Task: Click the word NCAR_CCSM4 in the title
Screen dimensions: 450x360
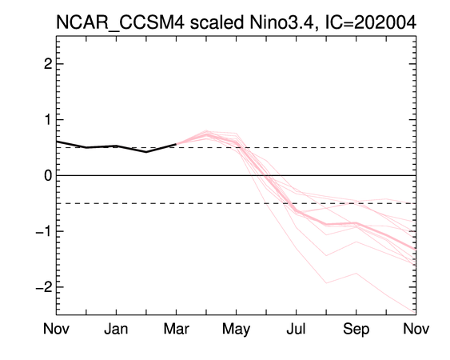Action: point(120,22)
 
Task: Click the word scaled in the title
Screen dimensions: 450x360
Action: point(217,22)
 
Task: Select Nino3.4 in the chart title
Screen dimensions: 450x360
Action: point(284,22)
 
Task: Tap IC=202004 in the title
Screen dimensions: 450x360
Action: point(370,22)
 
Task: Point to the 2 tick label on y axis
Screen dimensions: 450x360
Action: point(48,64)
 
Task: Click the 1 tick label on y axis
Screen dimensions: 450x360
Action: point(48,119)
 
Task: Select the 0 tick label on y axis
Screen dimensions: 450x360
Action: point(48,175)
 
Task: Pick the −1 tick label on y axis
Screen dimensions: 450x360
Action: point(44,231)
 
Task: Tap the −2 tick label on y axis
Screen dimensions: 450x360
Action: point(44,287)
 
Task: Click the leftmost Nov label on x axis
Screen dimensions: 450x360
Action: point(56,329)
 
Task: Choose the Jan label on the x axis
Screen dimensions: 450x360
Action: point(116,329)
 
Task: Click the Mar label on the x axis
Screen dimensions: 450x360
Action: point(176,329)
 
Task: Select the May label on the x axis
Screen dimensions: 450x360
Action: point(237,330)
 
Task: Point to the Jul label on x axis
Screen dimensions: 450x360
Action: point(296,329)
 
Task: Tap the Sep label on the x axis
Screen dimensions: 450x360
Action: point(356,330)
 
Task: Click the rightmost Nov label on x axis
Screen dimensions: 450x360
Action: point(416,329)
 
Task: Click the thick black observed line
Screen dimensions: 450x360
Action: point(116,146)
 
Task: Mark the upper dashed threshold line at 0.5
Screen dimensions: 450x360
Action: point(237,148)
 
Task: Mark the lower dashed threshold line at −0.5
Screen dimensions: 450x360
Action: point(237,203)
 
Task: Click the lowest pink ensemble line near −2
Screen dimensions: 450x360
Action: point(326,283)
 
